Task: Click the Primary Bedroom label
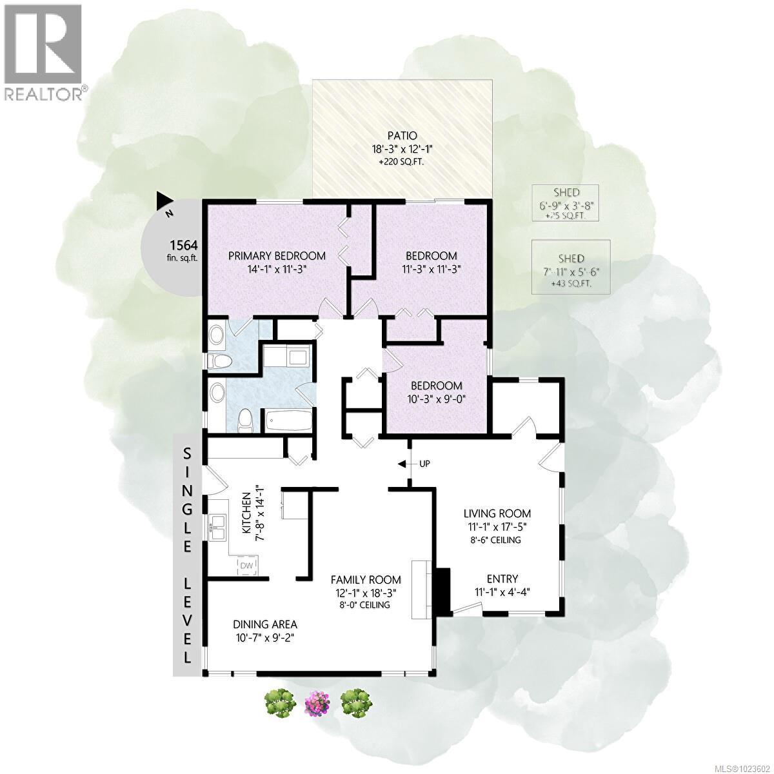click(277, 256)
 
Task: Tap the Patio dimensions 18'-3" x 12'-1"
click(402, 148)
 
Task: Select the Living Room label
click(497, 513)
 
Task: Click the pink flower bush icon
click(317, 702)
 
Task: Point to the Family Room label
click(366, 580)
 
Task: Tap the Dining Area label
click(265, 624)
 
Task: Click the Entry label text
click(502, 579)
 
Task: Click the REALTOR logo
click(43, 52)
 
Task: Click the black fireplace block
click(442, 590)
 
